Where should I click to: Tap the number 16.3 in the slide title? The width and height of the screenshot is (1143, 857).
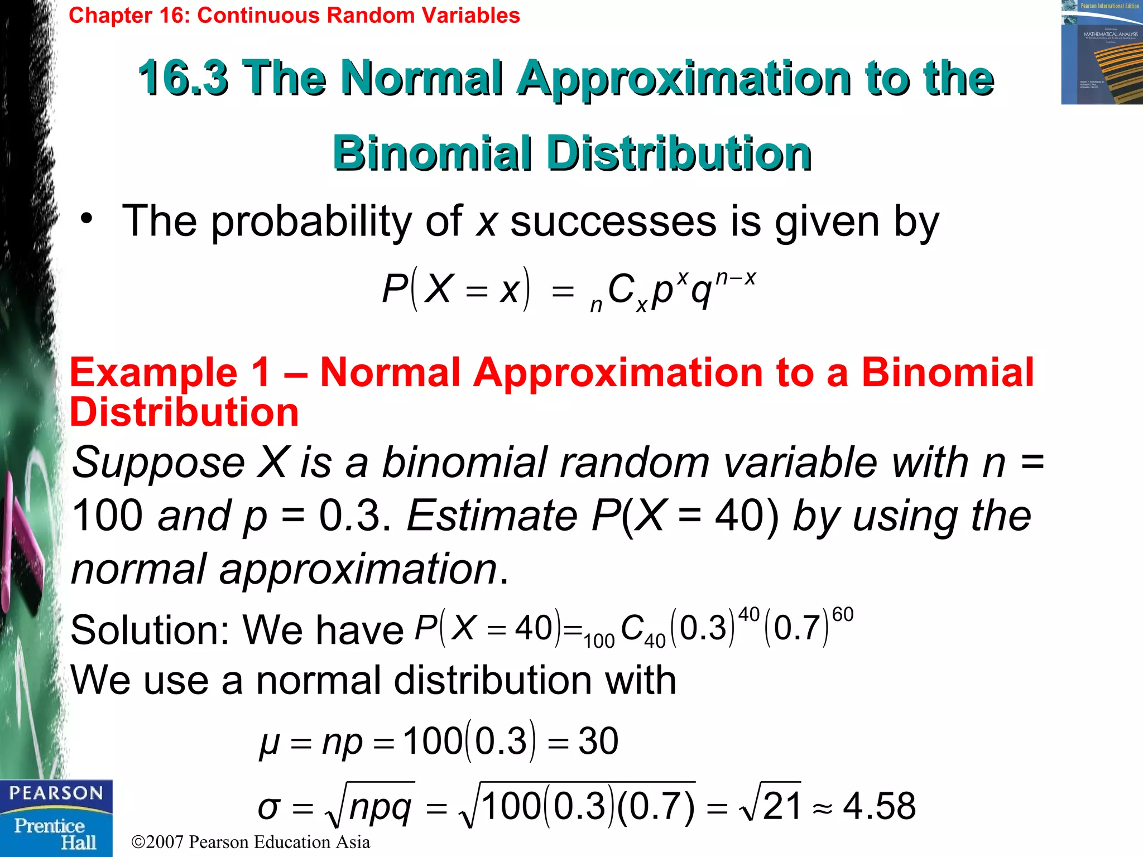[183, 78]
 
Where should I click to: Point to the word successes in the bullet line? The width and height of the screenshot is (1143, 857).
[613, 222]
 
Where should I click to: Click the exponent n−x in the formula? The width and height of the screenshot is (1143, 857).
[735, 278]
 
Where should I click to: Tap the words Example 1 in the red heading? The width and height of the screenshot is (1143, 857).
[170, 373]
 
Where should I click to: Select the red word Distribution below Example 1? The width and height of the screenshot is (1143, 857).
[184, 413]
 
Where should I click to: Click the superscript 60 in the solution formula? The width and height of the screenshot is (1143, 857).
[842, 615]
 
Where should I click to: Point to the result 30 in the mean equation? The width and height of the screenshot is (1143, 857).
[598, 742]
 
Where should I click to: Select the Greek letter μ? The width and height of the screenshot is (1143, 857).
[269, 744]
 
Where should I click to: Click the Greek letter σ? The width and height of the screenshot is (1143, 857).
[268, 807]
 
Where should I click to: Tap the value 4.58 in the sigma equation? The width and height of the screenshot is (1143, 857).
[879, 806]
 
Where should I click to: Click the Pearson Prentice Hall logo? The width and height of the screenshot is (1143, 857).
[56, 818]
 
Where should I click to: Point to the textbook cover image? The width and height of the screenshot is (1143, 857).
[1101, 52]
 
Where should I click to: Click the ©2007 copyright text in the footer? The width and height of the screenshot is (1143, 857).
[251, 842]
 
